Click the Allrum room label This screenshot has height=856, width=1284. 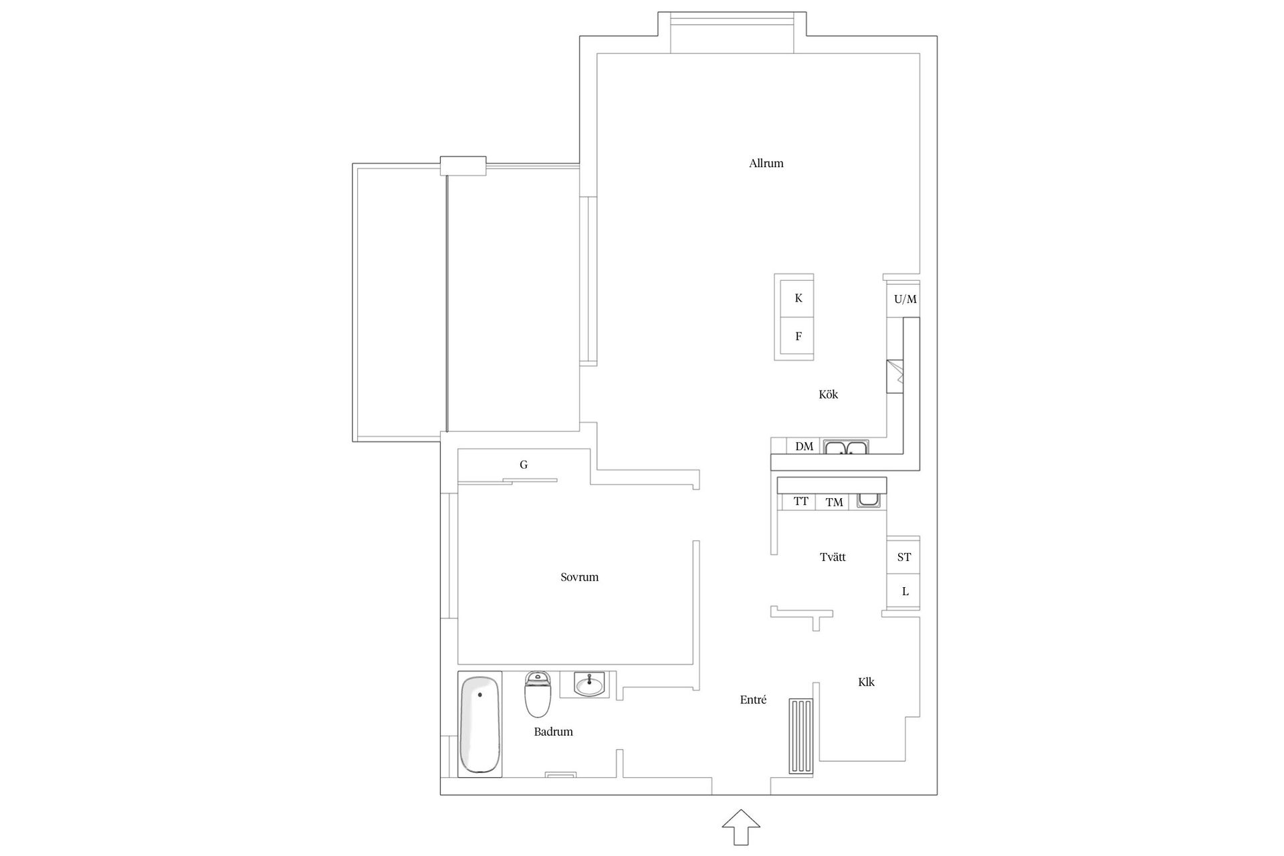coord(766,163)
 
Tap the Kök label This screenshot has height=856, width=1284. coord(828,395)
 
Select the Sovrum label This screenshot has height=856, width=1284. coord(579,577)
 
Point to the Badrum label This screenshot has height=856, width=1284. coord(553,732)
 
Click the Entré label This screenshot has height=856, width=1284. coord(753,700)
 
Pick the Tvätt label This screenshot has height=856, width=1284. coord(833,557)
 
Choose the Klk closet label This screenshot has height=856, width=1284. coord(866,682)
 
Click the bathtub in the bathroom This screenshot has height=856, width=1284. coord(479,725)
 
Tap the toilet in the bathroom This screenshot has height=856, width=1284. coord(538,694)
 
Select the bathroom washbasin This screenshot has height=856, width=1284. coord(589,684)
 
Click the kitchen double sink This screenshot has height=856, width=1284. coord(846,447)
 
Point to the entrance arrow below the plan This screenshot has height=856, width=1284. coord(741,827)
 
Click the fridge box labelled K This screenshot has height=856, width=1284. coord(798,298)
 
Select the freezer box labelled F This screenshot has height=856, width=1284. coord(798,336)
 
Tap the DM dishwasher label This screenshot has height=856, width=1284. coord(805,447)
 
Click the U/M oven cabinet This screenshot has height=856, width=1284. coord(905,298)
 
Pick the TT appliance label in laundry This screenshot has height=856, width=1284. coord(800,502)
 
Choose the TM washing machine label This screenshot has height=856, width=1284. coord(834,502)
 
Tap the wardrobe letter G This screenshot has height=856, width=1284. coord(524,465)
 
